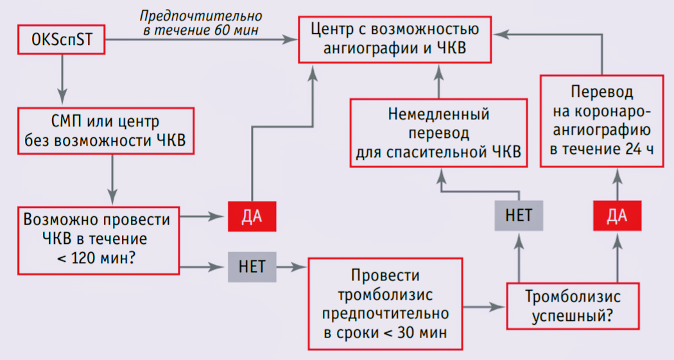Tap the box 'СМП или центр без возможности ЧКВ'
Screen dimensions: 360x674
107,132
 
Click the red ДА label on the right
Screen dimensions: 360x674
616,216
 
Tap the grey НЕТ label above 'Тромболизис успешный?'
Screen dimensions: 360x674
519,215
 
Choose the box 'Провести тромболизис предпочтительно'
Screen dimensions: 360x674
385,304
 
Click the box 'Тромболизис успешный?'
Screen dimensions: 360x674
573,307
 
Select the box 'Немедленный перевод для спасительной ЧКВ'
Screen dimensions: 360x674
438,133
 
